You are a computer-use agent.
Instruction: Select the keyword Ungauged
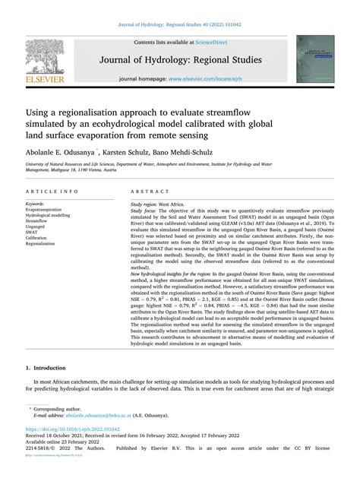39,223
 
